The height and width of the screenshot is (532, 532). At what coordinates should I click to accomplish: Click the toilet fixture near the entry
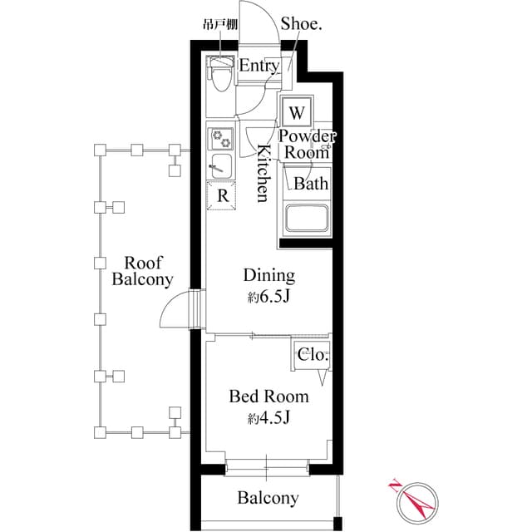click(219, 78)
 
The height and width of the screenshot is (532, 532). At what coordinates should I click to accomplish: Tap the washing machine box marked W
click(298, 111)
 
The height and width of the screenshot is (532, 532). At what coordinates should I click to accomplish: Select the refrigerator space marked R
click(222, 195)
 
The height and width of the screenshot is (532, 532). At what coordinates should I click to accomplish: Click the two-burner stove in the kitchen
click(221, 137)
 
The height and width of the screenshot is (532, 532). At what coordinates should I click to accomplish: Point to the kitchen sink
click(221, 164)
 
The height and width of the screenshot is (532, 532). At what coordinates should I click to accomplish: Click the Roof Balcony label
click(142, 270)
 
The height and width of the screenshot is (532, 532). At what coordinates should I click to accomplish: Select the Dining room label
click(268, 275)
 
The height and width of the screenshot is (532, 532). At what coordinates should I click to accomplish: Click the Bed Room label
click(268, 397)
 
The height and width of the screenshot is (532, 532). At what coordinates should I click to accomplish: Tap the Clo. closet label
click(313, 355)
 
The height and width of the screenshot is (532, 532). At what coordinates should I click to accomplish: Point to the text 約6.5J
click(268, 296)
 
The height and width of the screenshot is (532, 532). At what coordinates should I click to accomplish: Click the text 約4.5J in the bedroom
click(268, 417)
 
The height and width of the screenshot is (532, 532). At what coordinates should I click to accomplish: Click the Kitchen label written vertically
click(262, 173)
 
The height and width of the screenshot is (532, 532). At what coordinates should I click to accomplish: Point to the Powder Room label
click(307, 144)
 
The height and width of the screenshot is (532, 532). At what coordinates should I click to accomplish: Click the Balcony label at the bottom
click(268, 499)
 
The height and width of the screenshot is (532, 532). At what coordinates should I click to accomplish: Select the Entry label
click(259, 65)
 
